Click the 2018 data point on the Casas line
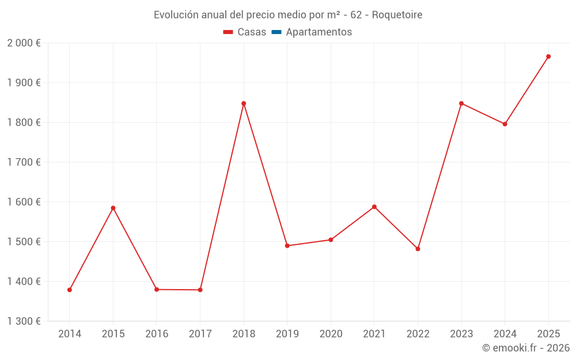click(244, 104)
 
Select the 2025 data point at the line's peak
click(548, 56)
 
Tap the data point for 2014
click(70, 290)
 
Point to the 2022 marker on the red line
click(418, 249)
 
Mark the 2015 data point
click(113, 208)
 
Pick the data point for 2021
click(374, 207)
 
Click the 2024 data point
click(505, 124)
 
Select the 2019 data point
click(287, 246)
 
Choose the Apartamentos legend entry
click(319, 32)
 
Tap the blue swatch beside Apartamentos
click(276, 32)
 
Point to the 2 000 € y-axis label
click(24, 43)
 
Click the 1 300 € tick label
click(24, 321)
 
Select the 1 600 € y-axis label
click(24, 202)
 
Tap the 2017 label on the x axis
click(200, 334)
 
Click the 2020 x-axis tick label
click(331, 334)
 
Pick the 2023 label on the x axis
click(461, 334)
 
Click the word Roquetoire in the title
click(397, 15)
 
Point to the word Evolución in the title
click(176, 15)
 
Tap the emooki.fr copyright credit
click(526, 348)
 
